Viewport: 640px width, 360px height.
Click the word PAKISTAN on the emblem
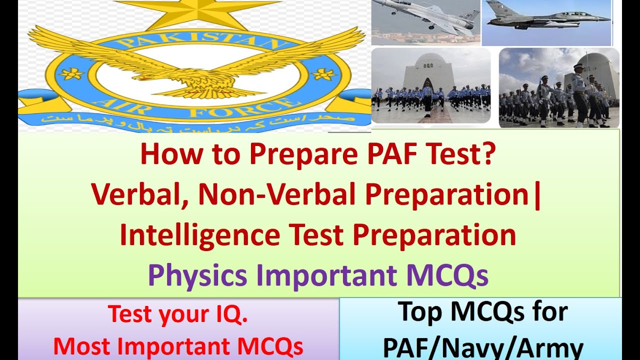pos(195,40)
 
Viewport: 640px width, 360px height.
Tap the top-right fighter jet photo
pos(547,22)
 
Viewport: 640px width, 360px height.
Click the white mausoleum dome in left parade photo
pos(431,62)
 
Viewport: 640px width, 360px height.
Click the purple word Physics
pos(197,275)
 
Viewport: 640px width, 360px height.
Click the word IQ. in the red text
pos(227,314)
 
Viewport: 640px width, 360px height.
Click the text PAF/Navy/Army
pos(483,347)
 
